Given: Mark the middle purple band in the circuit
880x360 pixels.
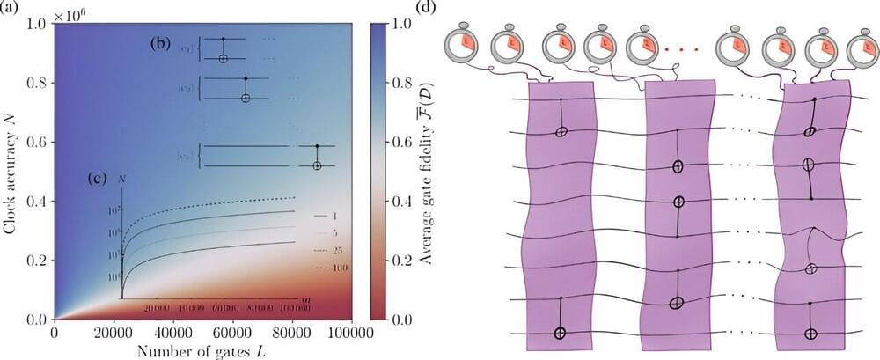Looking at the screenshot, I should (674, 211).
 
